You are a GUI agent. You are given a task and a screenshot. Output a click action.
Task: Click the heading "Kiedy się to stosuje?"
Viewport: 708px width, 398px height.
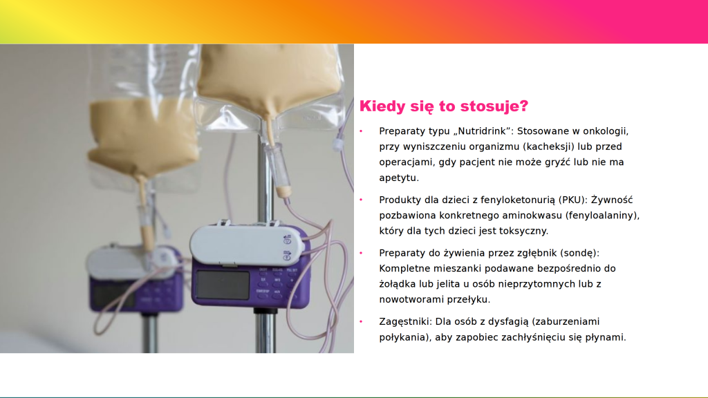(x=443, y=106)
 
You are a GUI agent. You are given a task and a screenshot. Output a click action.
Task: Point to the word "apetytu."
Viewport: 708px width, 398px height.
(x=399, y=178)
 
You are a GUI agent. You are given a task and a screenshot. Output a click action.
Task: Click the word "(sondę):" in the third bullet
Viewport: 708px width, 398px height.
(x=580, y=253)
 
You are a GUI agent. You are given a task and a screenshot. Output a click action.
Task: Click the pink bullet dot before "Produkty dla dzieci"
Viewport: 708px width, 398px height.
(x=361, y=200)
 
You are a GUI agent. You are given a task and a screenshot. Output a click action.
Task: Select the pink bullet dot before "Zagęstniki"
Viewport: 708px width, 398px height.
(x=361, y=321)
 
